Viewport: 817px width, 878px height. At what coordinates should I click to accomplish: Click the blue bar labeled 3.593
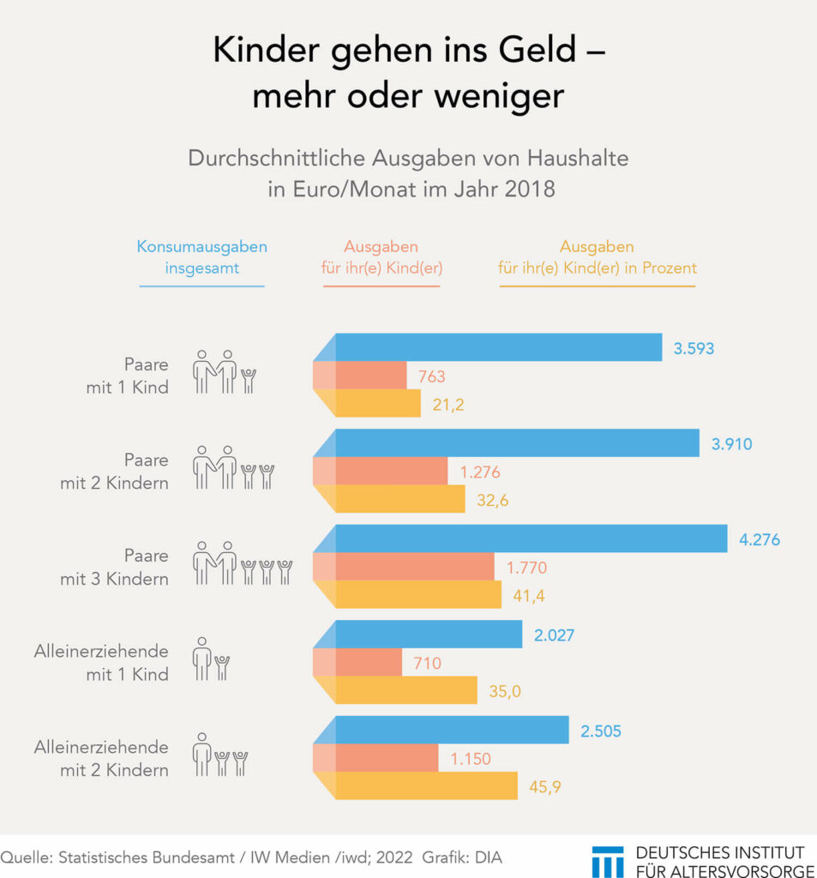pos(497,347)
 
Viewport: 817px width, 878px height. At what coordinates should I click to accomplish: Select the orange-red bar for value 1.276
pos(391,471)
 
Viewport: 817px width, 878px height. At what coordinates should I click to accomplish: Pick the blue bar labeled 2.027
pos(428,634)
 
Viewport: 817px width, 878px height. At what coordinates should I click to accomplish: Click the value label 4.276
pos(760,540)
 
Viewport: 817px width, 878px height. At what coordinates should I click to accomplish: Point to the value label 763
pos(431,376)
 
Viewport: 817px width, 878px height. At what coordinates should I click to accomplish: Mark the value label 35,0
pos(504,690)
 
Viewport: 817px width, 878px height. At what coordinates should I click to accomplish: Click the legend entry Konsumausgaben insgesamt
pos(201,256)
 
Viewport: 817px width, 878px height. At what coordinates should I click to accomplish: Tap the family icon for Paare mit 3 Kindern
pos(243,563)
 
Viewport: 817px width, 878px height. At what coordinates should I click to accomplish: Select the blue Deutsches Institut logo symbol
pos(608,861)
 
